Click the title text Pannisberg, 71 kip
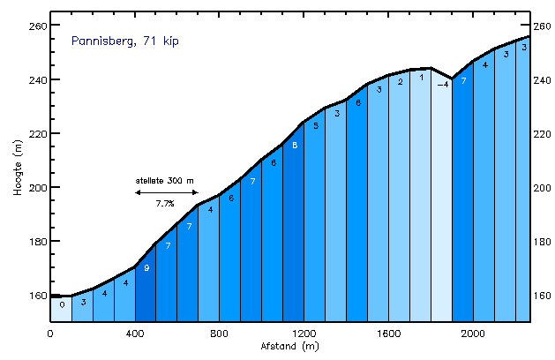[125, 41]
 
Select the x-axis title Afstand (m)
[289, 347]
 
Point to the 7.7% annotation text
[165, 203]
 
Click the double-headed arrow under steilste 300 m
[165, 191]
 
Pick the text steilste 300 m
[165, 180]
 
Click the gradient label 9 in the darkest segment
[146, 268]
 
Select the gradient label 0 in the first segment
[62, 304]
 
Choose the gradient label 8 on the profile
[295, 146]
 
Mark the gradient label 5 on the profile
[316, 125]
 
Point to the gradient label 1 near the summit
[422, 78]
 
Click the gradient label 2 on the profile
[401, 82]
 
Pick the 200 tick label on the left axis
[34, 187]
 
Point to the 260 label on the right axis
[542, 26]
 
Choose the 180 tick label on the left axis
[34, 241]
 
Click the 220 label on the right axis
[542, 133]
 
